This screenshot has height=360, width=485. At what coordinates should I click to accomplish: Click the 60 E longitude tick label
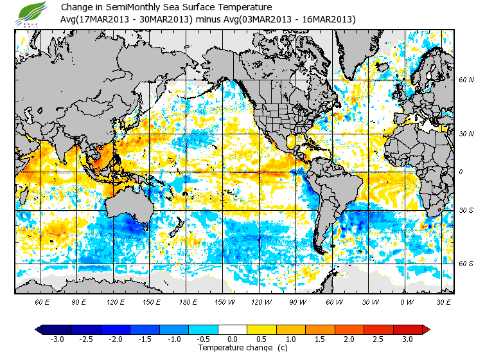pyautogui.click(x=42, y=301)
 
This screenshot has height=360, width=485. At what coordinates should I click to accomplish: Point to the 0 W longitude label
pyautogui.click(x=406, y=301)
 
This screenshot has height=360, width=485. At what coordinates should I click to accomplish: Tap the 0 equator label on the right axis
pyautogui.click(x=461, y=172)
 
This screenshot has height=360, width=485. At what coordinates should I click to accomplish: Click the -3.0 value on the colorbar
pyautogui.click(x=57, y=339)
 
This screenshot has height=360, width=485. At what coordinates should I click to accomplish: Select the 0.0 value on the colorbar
pyautogui.click(x=233, y=339)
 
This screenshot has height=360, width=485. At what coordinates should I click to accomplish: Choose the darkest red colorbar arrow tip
pyautogui.click(x=425, y=329)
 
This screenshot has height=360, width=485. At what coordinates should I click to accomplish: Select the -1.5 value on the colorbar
pyautogui.click(x=145, y=339)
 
